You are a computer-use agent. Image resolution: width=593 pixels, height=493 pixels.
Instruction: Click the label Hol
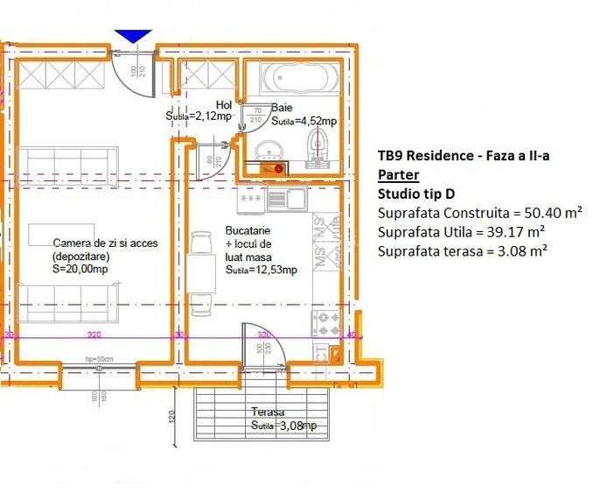coord(224,105)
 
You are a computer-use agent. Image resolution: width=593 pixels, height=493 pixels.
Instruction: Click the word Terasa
coord(268,412)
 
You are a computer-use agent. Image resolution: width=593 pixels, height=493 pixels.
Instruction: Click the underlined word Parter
coord(398,174)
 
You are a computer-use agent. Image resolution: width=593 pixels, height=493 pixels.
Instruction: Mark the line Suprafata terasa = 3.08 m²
coord(463,251)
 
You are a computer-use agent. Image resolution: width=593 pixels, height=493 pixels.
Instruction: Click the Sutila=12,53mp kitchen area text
coord(261,271)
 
